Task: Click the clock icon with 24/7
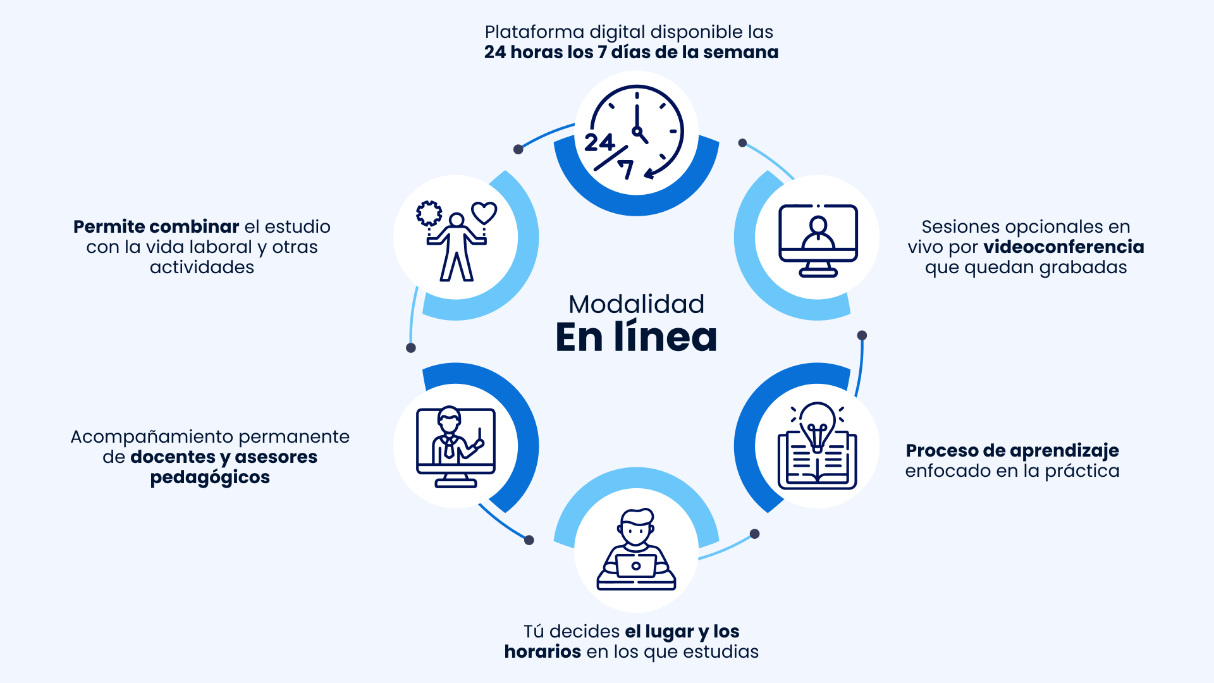coord(636,133)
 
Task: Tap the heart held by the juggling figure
coord(484,212)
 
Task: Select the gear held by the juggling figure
coord(429,213)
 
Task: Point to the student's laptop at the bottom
coord(636,565)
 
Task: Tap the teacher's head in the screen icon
coord(449,418)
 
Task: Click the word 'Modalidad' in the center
coord(636,304)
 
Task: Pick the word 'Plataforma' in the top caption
coord(534,32)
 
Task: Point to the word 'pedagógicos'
coord(210,477)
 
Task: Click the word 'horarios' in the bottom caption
coord(543,651)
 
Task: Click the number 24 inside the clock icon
coord(599,142)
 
